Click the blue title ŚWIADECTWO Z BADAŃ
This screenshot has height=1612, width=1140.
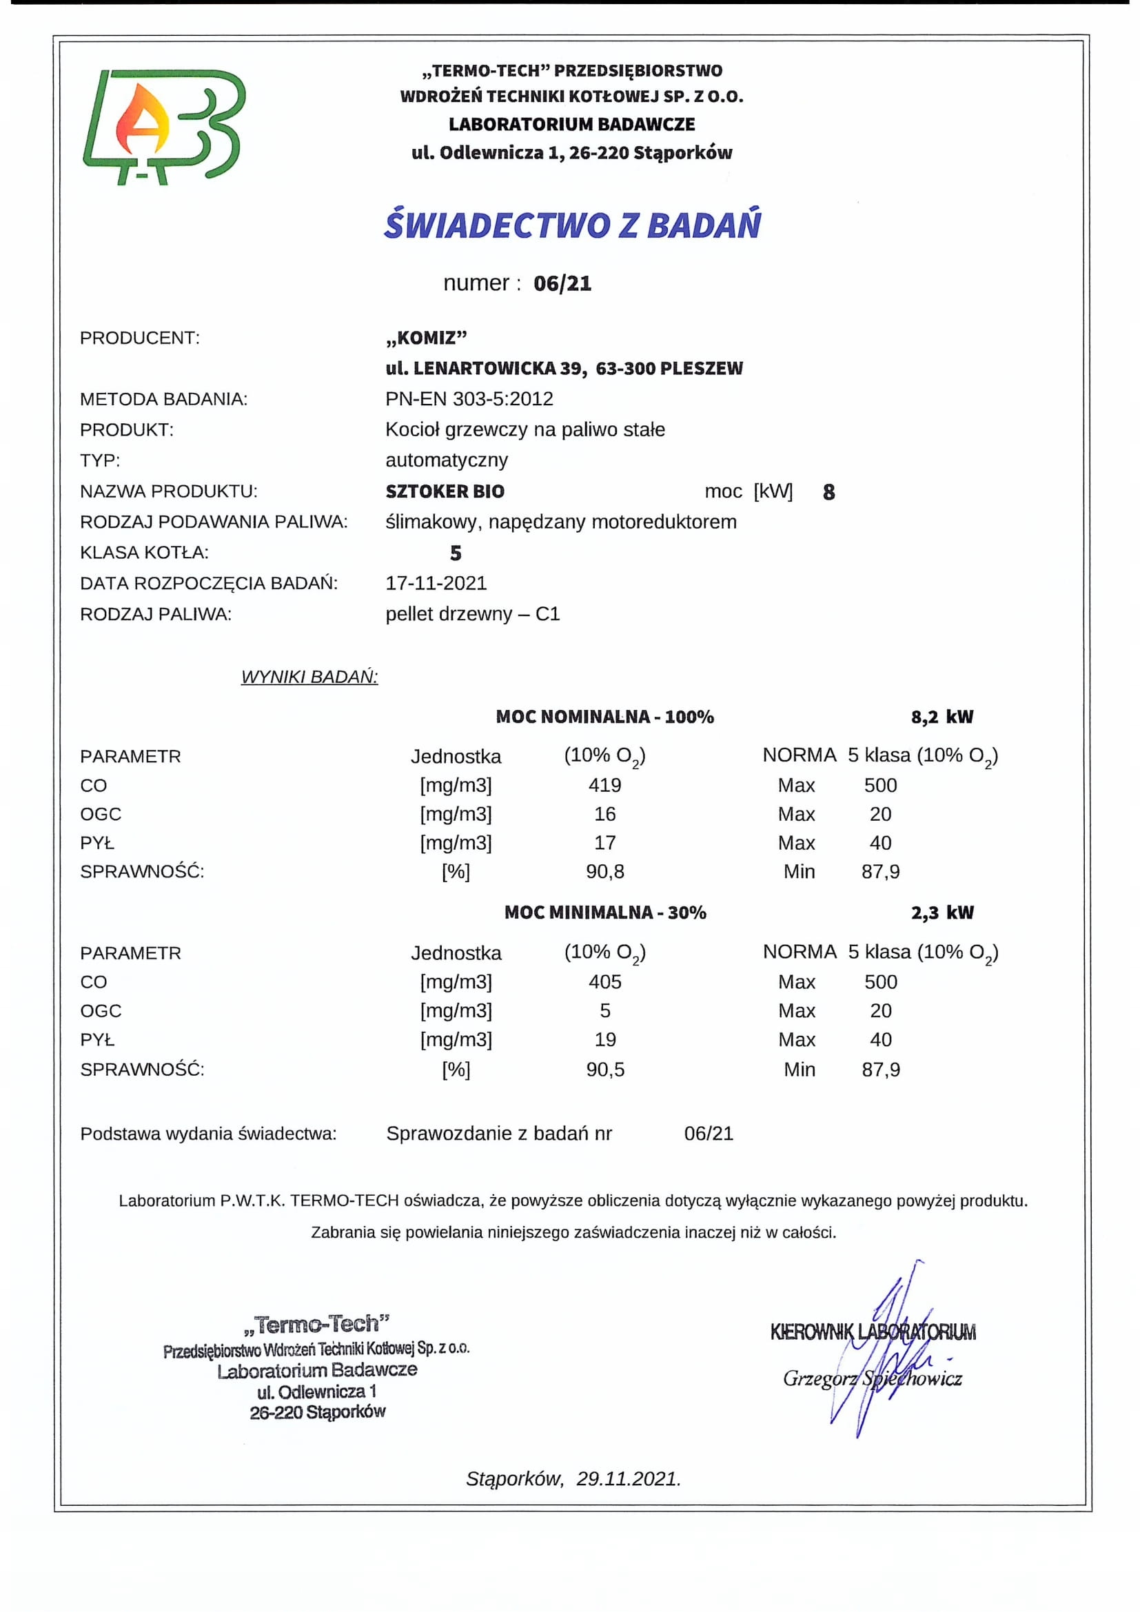572,225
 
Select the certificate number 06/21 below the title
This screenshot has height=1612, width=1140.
562,284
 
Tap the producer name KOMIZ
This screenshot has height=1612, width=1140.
426,338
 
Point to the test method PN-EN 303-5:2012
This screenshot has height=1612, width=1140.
469,399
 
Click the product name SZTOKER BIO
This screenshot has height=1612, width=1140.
445,491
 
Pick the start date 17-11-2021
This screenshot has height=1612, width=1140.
436,583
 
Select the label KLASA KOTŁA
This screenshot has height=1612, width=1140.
144,553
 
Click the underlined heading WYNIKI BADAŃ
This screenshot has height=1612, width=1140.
309,677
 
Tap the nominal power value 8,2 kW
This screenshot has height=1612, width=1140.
942,717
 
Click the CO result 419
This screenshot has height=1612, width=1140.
604,785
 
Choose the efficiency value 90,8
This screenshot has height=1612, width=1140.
604,871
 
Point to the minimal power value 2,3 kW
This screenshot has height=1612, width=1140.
942,912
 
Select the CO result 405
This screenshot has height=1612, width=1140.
604,981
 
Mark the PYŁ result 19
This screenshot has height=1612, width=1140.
604,1039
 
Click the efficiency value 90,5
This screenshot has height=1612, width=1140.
604,1070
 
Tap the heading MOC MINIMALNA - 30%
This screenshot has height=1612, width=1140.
605,912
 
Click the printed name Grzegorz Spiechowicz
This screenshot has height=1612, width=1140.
872,1378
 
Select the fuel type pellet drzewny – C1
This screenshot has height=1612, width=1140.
472,613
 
